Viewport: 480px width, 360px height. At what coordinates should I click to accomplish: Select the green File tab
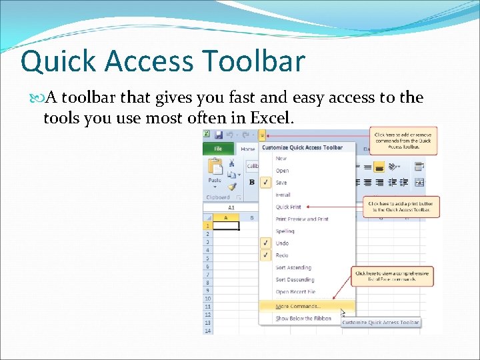[x=218, y=149]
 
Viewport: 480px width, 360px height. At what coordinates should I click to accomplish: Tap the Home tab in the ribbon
[x=248, y=149]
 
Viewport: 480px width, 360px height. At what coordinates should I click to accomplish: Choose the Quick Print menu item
[x=289, y=207]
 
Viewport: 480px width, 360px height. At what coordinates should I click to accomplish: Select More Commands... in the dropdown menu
[x=298, y=306]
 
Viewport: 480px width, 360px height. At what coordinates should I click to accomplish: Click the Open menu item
[x=283, y=171]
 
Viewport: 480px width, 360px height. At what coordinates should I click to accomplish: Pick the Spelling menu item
[x=285, y=231]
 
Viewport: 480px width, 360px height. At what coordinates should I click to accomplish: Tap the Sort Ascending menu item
[x=293, y=267]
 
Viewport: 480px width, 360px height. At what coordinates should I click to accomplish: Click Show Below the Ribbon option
[x=303, y=319]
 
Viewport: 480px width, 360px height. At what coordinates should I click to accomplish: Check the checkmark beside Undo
[x=266, y=243]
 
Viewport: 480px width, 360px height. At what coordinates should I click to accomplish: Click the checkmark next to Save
[x=266, y=183]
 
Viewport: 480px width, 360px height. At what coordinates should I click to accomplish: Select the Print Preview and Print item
[x=302, y=219]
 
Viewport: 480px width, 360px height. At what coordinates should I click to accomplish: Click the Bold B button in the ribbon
[x=252, y=182]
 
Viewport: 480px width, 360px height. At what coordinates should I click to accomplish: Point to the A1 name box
[x=231, y=207]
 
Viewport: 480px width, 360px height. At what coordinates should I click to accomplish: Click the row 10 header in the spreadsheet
[x=208, y=298]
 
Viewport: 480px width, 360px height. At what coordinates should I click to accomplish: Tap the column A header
[x=227, y=217]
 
